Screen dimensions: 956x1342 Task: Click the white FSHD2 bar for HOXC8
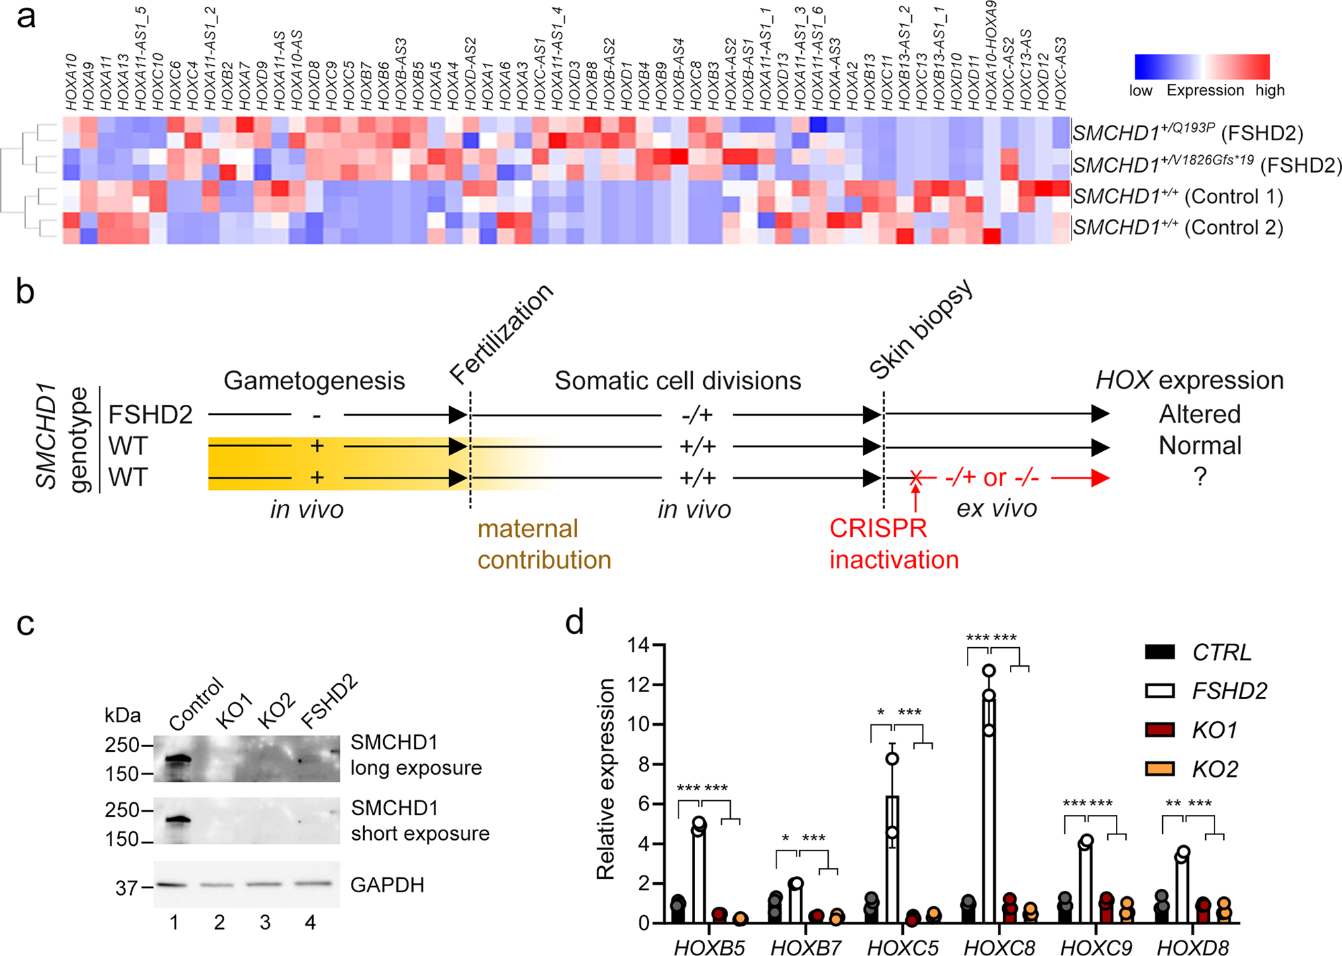(x=988, y=806)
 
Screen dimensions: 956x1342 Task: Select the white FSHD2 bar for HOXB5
(x=699, y=873)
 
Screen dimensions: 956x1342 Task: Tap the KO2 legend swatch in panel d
(x=1159, y=768)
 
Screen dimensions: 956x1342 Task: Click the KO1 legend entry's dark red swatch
(x=1159, y=729)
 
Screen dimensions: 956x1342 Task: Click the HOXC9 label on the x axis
(x=1096, y=947)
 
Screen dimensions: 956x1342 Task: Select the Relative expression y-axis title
(x=605, y=779)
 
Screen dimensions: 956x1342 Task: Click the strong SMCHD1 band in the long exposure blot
(x=177, y=761)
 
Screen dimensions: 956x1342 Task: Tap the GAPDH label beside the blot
(x=387, y=885)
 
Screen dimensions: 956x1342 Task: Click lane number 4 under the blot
(x=310, y=922)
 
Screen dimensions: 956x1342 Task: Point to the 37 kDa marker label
(x=126, y=888)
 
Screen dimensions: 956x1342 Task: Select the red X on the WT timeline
(x=915, y=478)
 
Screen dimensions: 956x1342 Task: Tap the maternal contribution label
(x=544, y=544)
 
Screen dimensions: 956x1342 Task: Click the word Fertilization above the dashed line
(x=501, y=333)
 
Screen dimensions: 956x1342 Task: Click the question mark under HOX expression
(x=1200, y=477)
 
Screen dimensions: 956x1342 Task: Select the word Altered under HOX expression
(x=1200, y=414)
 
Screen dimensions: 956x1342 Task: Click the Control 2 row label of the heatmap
(x=1178, y=228)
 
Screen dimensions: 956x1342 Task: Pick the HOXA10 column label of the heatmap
(x=71, y=82)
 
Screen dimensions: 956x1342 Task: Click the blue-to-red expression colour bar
(x=1202, y=67)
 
